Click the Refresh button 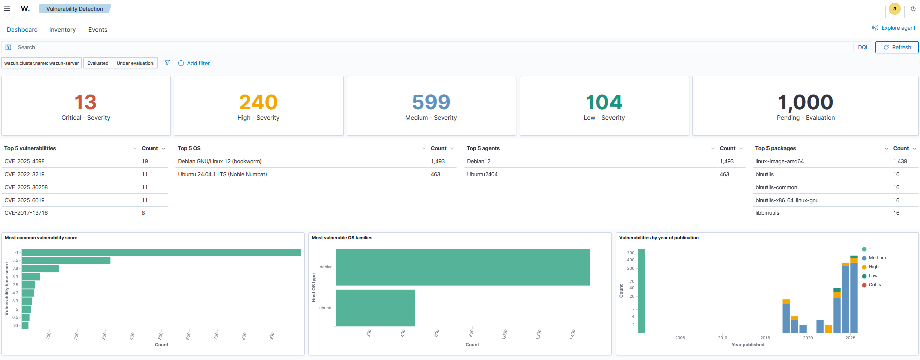click(897, 47)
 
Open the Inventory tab click(62, 30)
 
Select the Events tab click(98, 30)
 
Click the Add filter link click(198, 63)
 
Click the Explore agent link click(898, 28)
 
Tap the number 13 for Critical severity click(85, 102)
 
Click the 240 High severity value click(258, 102)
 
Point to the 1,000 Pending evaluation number click(805, 102)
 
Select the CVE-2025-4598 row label click(24, 161)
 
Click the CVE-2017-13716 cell click(26, 213)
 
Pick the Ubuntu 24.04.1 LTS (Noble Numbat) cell click(222, 174)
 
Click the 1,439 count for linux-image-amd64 click(900, 161)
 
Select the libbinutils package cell click(767, 213)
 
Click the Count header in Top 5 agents click(727, 148)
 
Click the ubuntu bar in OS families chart click(375, 308)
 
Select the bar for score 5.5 click(66, 260)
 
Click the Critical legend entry click(876, 285)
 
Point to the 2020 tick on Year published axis click(808, 338)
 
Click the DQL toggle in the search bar click(863, 47)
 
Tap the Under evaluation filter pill click(135, 63)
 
